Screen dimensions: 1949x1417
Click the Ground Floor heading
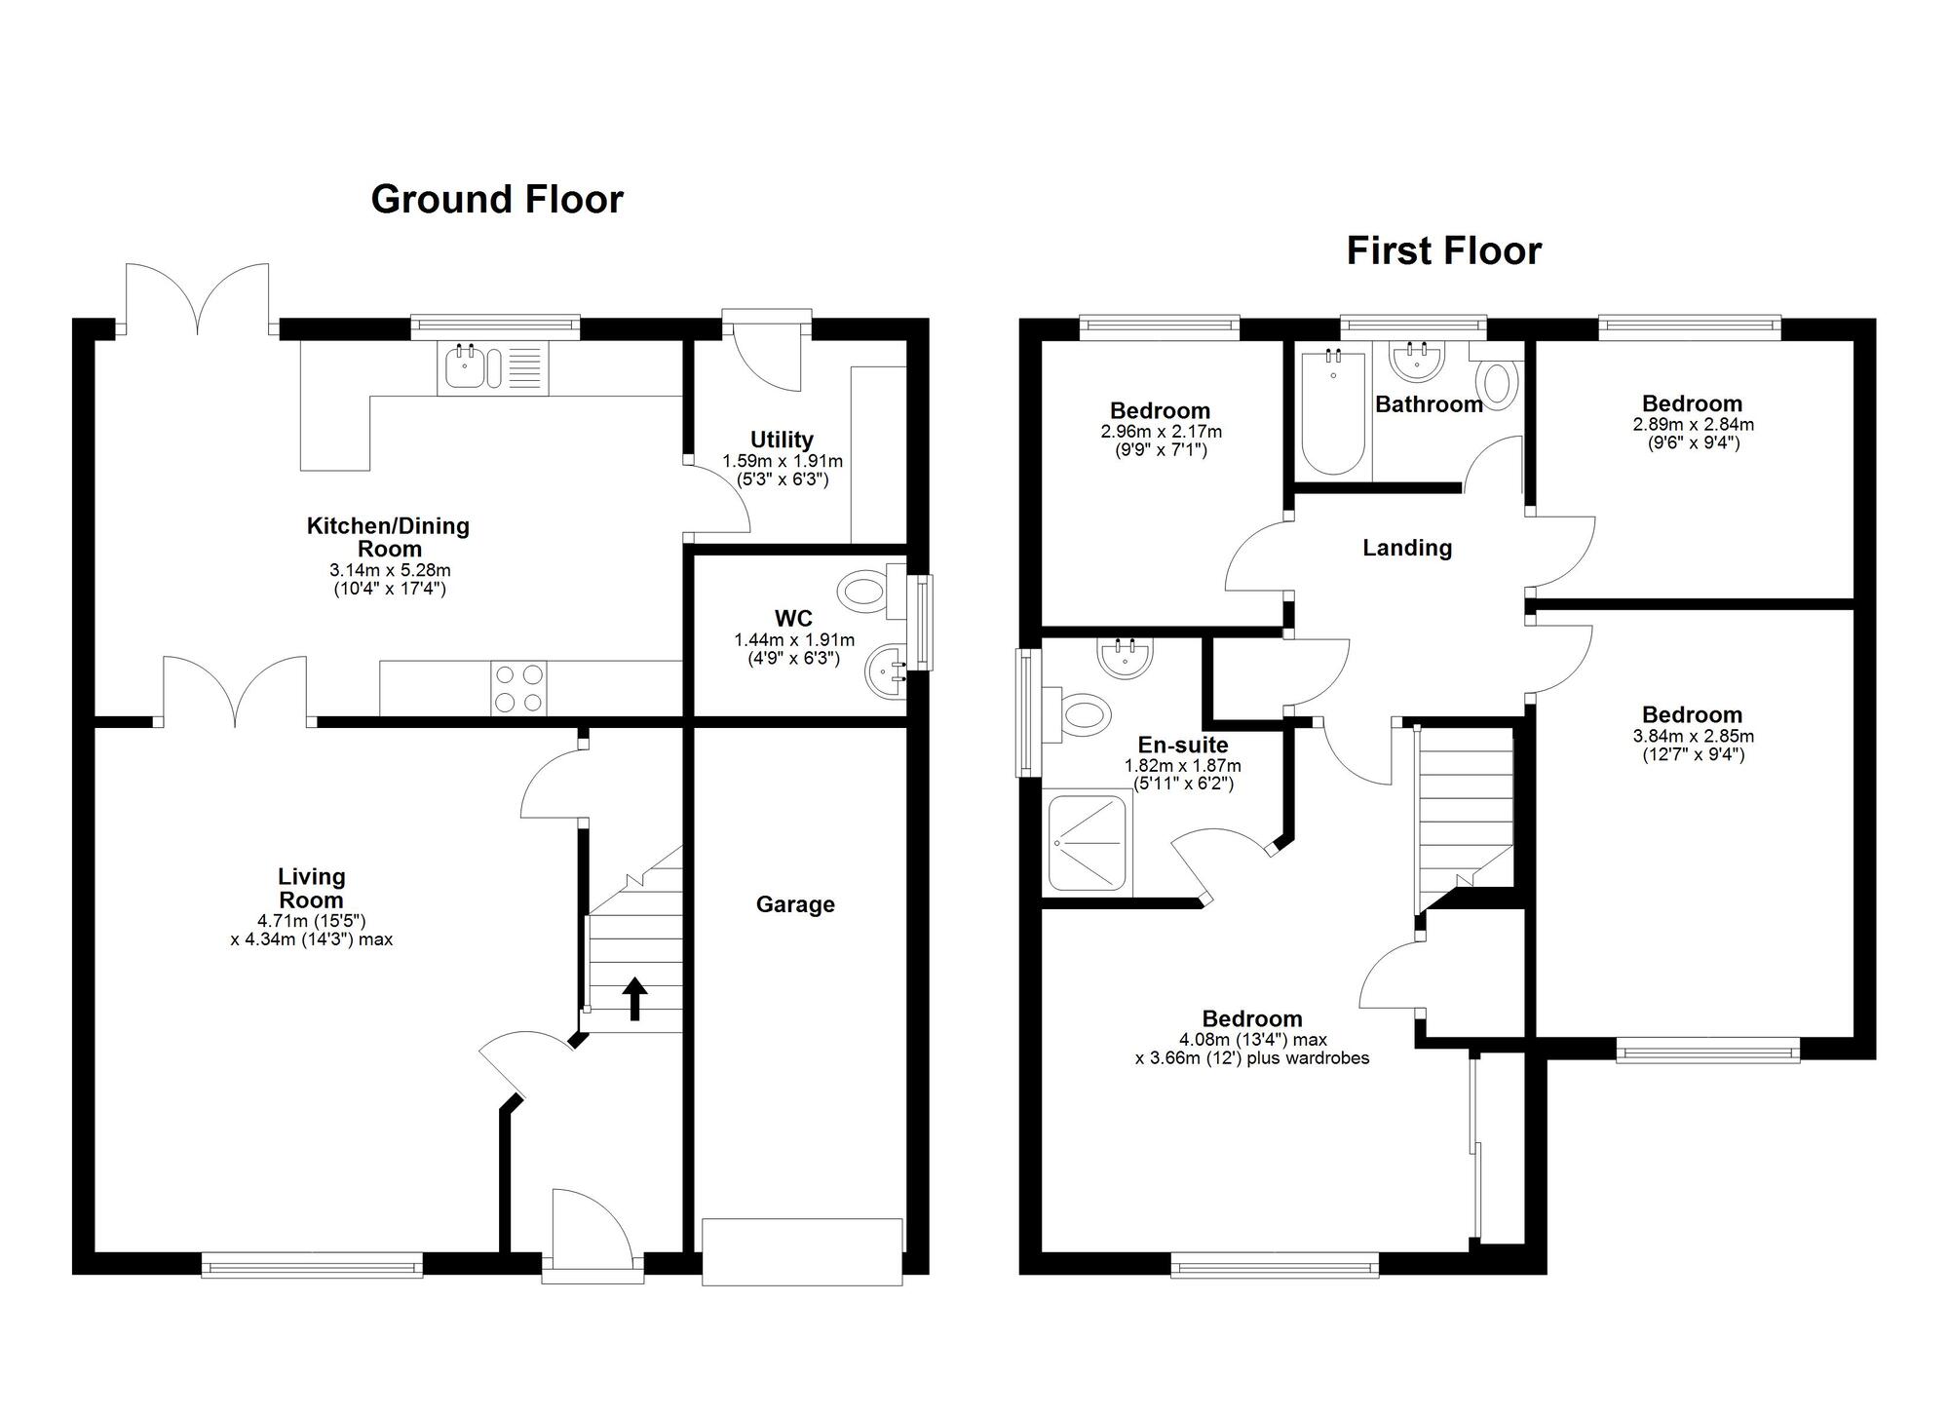[497, 200]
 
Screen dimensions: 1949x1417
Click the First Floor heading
[1444, 251]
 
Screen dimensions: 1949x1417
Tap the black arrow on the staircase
[634, 998]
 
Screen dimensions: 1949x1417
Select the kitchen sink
[493, 368]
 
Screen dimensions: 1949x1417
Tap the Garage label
[795, 904]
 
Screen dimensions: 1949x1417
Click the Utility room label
[782, 440]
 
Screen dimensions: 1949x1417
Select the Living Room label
[312, 889]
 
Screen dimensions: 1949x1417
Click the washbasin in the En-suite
[1126, 657]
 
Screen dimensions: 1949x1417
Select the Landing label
[1407, 548]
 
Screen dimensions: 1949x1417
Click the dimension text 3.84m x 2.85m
[1693, 736]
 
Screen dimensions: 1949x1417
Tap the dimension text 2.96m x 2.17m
[1161, 432]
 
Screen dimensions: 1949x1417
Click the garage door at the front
[802, 1251]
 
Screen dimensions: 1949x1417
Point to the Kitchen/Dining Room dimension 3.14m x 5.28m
[390, 570]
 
